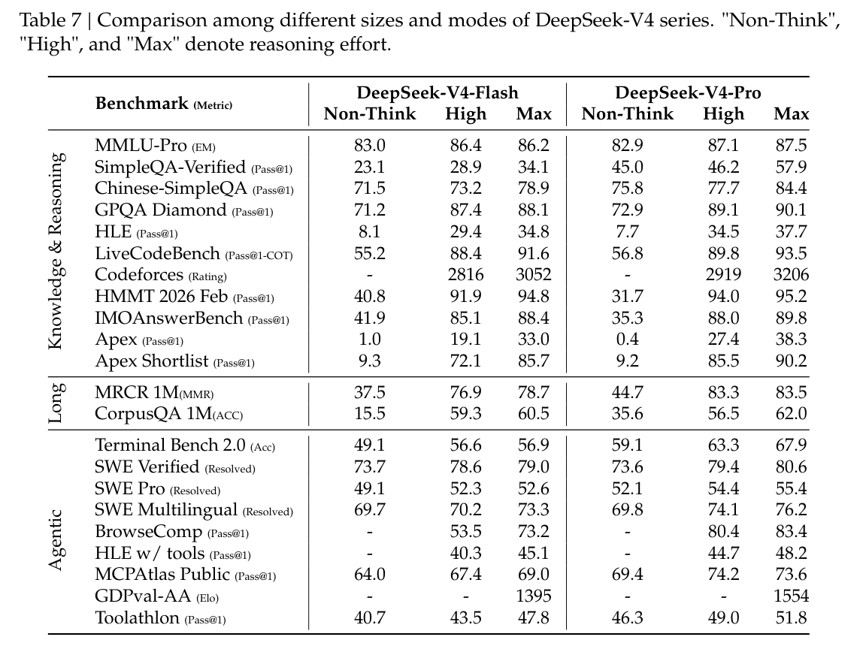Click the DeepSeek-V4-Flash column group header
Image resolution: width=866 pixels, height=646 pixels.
437,93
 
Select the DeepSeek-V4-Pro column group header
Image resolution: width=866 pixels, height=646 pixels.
688,93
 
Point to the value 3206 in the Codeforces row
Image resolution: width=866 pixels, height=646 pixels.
791,275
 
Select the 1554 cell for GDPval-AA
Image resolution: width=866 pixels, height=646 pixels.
791,596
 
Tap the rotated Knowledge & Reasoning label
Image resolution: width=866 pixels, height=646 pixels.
56,252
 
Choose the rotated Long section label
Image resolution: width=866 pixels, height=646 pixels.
56,403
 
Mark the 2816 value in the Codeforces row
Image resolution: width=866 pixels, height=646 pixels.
465,275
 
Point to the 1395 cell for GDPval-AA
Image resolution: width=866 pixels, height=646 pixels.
533,596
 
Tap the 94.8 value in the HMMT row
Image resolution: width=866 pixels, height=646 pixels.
533,297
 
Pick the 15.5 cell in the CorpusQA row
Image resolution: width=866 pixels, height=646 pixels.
369,414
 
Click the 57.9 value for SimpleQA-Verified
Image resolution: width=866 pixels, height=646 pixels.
791,168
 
